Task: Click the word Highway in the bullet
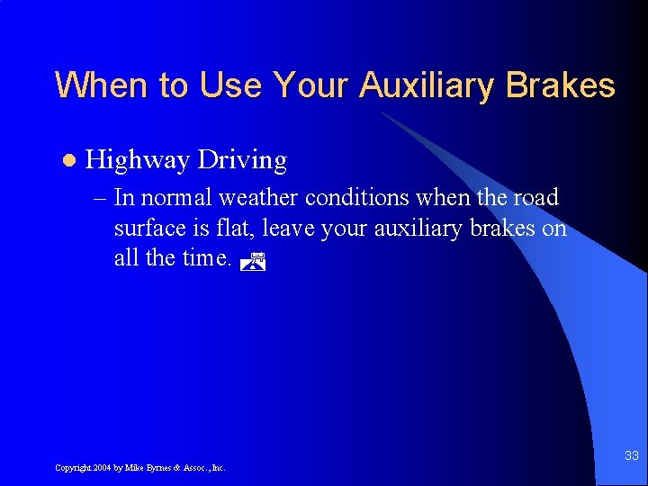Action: click(x=137, y=161)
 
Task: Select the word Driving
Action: click(x=242, y=161)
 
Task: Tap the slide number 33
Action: click(x=631, y=456)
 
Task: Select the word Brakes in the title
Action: click(x=560, y=86)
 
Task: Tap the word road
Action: click(x=536, y=198)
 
